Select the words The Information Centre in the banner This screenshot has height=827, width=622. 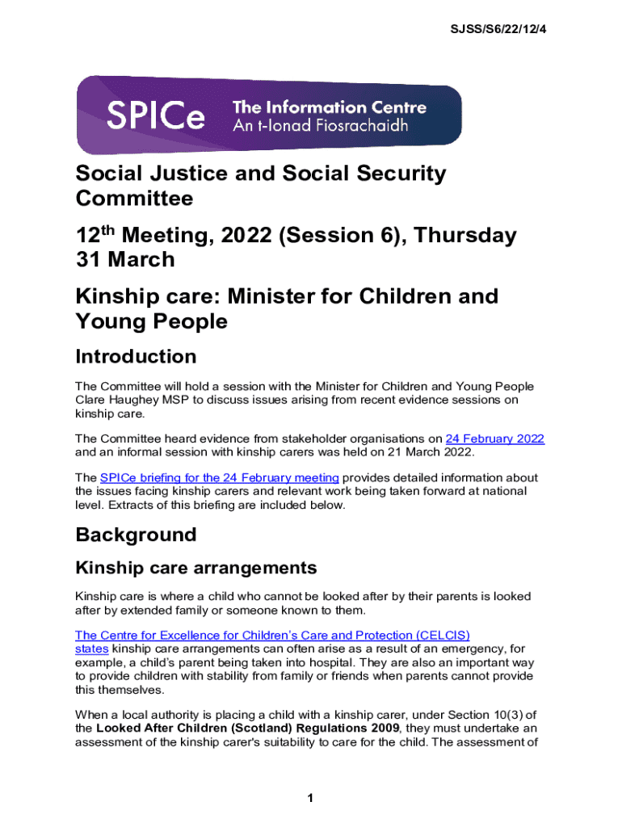coord(329,107)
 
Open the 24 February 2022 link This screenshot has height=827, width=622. coord(494,439)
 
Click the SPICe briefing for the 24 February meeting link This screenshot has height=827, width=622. coord(219,477)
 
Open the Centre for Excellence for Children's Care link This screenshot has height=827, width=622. coord(272,635)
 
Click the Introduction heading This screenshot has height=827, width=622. coord(136,357)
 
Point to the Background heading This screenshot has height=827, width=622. coord(136,535)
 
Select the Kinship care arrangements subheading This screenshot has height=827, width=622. coord(195,568)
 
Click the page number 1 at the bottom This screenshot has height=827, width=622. coord(310,799)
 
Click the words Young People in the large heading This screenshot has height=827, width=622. coord(151,321)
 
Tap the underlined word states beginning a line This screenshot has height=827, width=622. coord(90,649)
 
